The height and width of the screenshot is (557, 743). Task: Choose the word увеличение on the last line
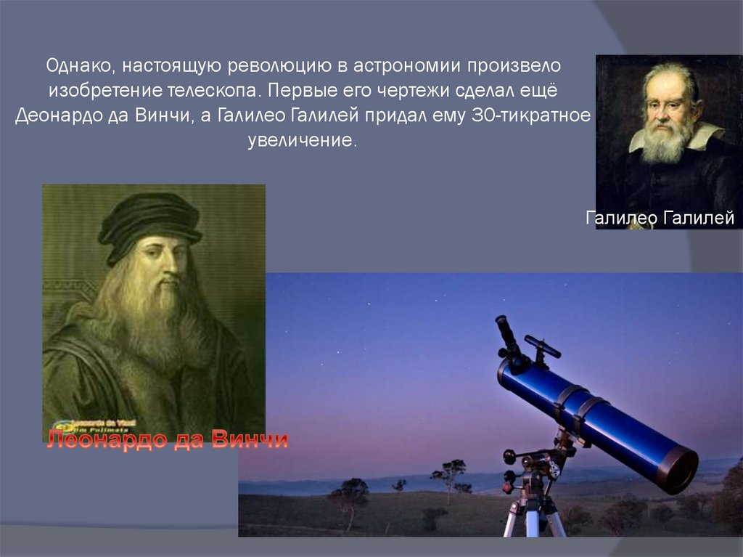(x=303, y=140)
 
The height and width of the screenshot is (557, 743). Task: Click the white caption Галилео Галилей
(x=660, y=218)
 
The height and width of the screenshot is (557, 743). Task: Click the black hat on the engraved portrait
(x=149, y=221)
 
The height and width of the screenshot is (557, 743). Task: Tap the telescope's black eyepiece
(x=506, y=336)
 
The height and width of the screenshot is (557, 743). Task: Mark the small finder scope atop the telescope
(x=543, y=346)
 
